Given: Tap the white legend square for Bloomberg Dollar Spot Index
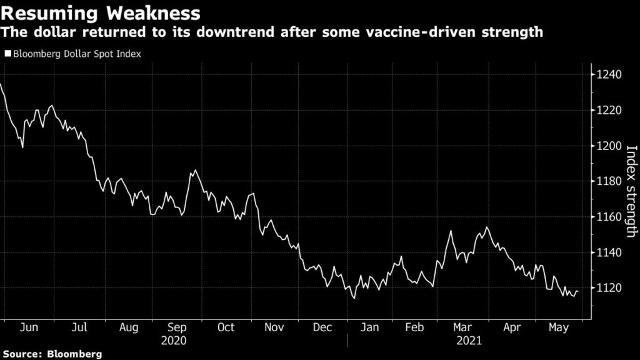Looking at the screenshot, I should pos(7,54).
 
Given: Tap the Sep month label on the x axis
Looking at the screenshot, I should pos(177,327).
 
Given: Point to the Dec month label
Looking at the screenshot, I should pos(322,327).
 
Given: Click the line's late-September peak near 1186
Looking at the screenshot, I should pos(196,170).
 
